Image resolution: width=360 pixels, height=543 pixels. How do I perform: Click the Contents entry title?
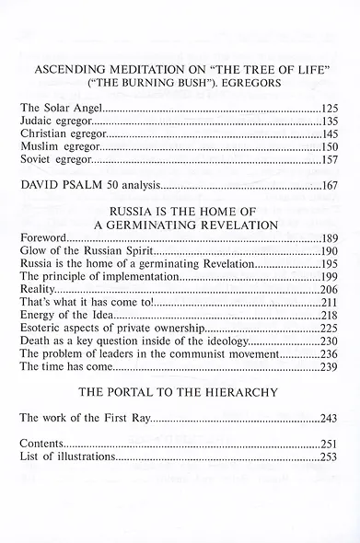tap(44, 444)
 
